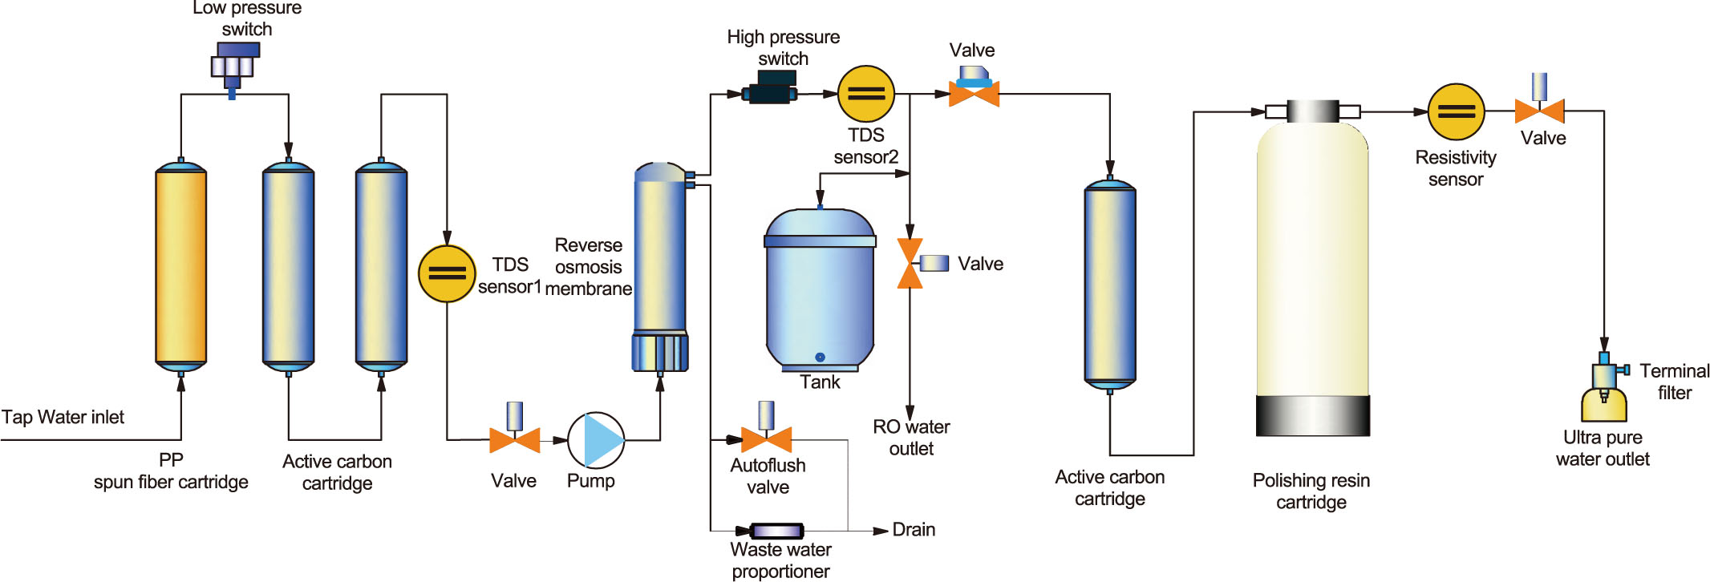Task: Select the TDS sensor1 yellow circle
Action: (x=447, y=273)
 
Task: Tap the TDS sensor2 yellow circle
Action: (x=865, y=94)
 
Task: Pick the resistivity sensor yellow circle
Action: (x=1456, y=112)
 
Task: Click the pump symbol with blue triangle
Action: (x=596, y=440)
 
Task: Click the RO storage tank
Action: (x=820, y=289)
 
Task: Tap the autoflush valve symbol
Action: (x=766, y=437)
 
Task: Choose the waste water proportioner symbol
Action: (x=776, y=531)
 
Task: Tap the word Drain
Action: (x=914, y=530)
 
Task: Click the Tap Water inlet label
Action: (x=63, y=417)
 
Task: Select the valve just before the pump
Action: (x=514, y=439)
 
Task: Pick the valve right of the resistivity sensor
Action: (x=1539, y=110)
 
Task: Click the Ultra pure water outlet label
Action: (x=1603, y=448)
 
